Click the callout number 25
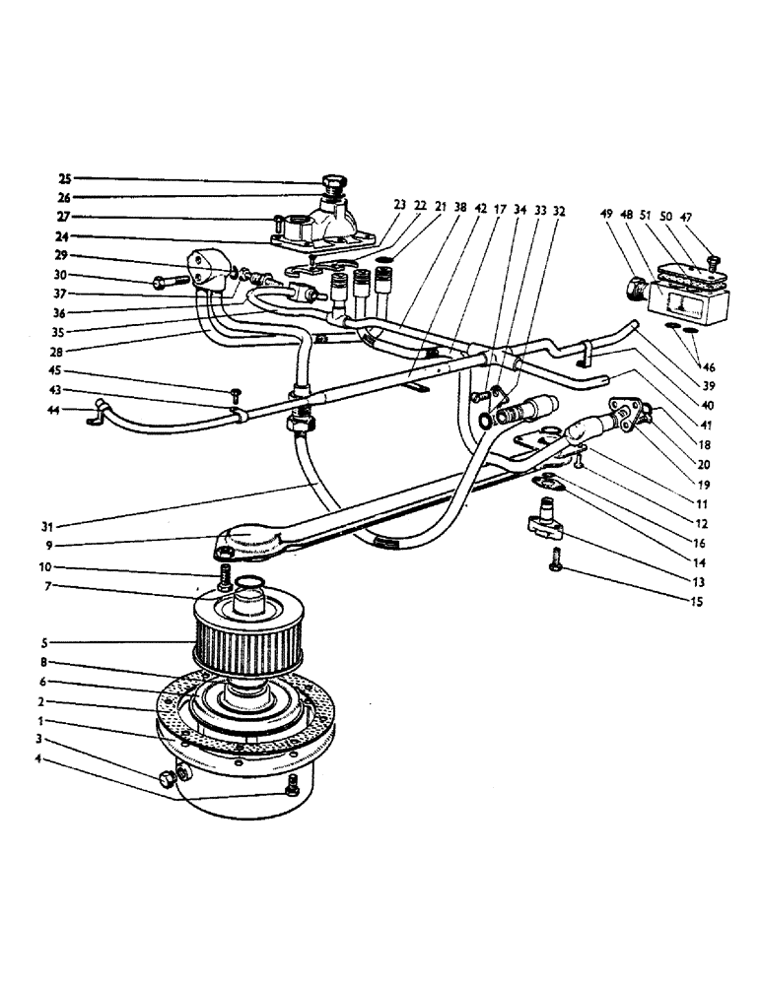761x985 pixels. (x=65, y=179)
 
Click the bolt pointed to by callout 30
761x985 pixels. (x=169, y=282)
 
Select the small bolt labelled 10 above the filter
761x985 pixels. (x=225, y=577)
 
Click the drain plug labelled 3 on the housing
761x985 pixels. (x=166, y=780)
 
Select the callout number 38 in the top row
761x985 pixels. (x=460, y=208)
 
